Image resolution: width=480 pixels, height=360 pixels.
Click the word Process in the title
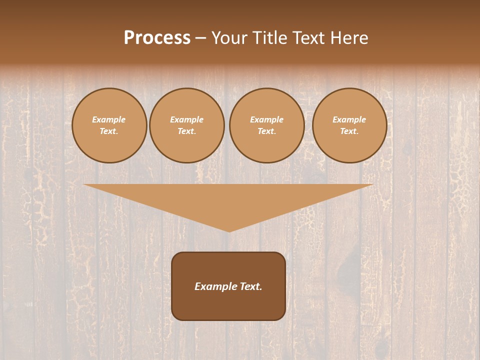click(x=157, y=38)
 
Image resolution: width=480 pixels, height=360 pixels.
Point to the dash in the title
click(x=200, y=38)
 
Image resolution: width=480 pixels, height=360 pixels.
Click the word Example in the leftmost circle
click(x=109, y=119)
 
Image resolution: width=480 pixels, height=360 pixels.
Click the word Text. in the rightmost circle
click(x=349, y=131)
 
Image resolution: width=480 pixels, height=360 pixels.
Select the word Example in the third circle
click(x=267, y=119)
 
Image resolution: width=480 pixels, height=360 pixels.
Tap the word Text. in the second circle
click(x=187, y=131)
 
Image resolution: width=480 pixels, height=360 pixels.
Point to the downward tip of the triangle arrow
click(x=229, y=230)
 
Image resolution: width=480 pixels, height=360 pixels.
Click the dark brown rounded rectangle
click(x=228, y=305)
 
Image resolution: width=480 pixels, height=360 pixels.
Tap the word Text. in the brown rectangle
click(x=251, y=286)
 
